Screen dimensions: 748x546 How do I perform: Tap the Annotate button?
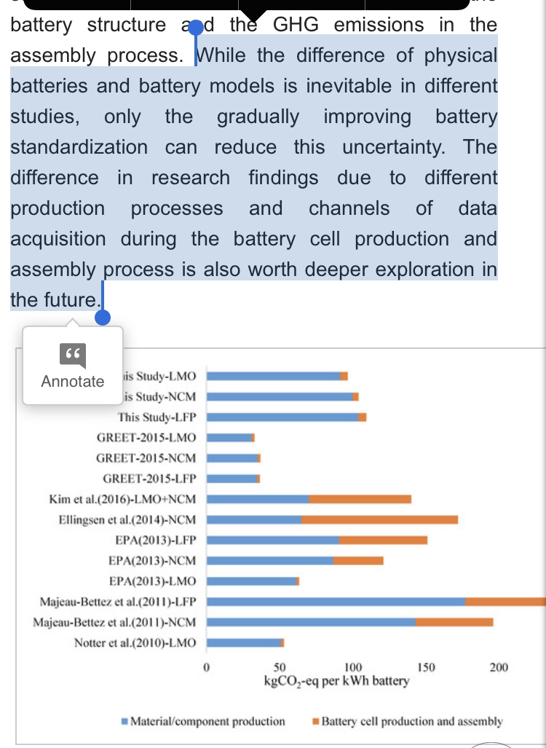[x=73, y=366]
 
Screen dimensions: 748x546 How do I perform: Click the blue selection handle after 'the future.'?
[x=103, y=317]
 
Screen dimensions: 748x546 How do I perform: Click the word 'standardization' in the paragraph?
[x=79, y=147]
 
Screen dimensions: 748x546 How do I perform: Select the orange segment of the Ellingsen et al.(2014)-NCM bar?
[x=379, y=520]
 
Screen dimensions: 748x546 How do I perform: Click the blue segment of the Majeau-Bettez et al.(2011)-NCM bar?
[x=311, y=623]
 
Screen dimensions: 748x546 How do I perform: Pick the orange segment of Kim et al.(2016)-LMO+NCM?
[x=360, y=499]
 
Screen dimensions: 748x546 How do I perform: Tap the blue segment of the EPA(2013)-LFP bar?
[x=273, y=540]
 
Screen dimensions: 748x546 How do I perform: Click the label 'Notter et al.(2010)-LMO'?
[x=135, y=643]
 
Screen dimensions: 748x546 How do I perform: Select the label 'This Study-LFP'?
[x=157, y=417]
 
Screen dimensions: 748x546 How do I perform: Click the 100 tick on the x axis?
[x=353, y=667]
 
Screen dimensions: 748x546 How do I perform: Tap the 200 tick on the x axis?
[x=499, y=667]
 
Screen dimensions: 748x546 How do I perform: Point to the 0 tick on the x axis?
[x=207, y=667]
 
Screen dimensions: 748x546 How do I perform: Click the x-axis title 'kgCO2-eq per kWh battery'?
[x=336, y=682]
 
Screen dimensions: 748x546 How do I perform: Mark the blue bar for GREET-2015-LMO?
[x=229, y=438]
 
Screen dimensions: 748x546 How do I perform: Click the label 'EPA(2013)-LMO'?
[x=152, y=581]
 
